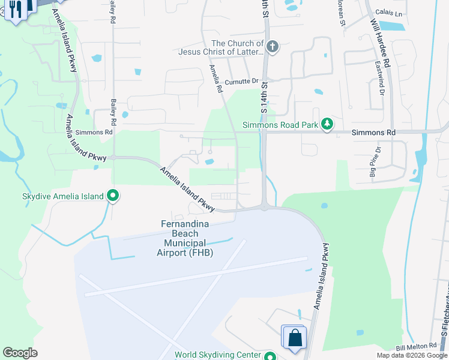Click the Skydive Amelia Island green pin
[x=113, y=196]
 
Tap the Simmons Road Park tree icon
[x=327, y=124]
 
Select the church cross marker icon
[x=273, y=47]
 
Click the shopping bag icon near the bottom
[x=295, y=337]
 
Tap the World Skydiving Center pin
[x=271, y=355]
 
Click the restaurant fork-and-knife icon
[x=13, y=9]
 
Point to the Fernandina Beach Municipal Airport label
[x=185, y=238]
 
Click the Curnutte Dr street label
[x=241, y=82]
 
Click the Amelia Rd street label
[x=215, y=79]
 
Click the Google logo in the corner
[x=20, y=353]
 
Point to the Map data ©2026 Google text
[x=411, y=355]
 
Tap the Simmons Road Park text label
[x=280, y=125]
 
